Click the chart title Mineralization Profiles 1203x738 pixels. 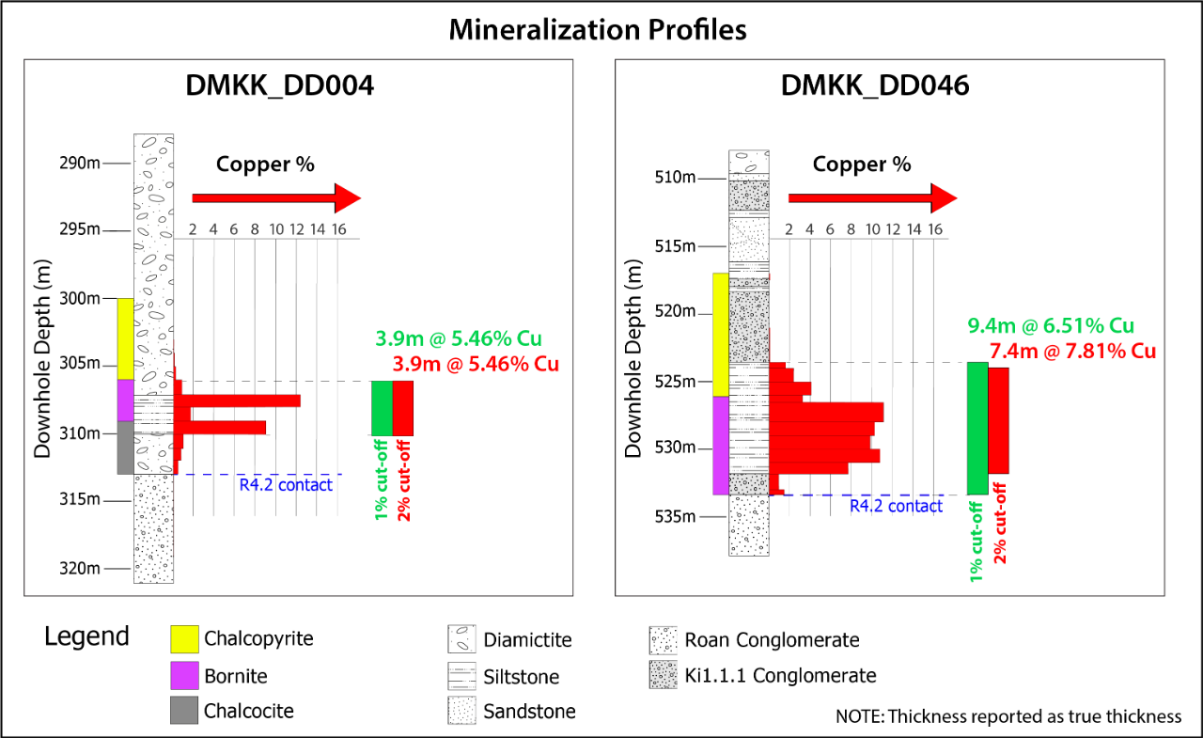point(598,29)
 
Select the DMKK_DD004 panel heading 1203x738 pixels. point(279,86)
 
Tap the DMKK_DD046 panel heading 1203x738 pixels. point(875,86)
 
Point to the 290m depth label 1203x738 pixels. point(80,164)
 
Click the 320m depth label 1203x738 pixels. point(80,568)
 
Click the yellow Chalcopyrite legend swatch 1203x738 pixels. point(184,639)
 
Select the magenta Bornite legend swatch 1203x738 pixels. point(184,675)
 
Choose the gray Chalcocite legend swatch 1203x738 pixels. point(184,711)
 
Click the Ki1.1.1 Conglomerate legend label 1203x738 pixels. point(780,675)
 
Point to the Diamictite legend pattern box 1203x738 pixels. point(461,640)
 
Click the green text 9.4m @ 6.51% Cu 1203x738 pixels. point(1051,326)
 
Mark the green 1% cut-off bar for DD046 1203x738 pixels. point(977,428)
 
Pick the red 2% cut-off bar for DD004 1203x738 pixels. point(403,408)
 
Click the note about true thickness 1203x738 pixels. point(1008,716)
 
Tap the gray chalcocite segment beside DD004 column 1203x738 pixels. point(125,448)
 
